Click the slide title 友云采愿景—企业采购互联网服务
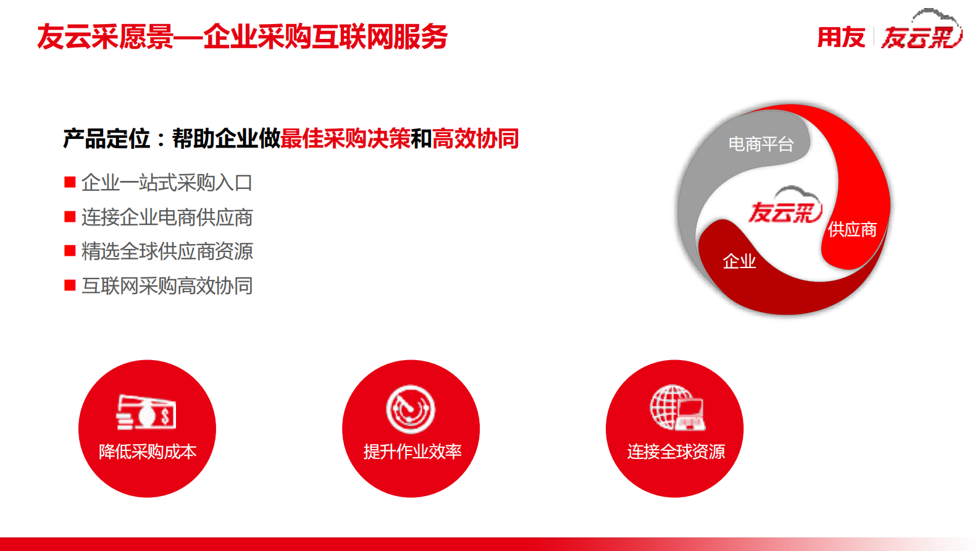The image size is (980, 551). pyautogui.click(x=242, y=37)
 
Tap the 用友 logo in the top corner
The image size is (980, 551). pyautogui.click(x=840, y=38)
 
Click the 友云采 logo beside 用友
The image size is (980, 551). pyautogui.click(x=921, y=34)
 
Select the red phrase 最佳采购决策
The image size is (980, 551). pyautogui.click(x=345, y=139)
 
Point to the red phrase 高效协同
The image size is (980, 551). pyautogui.click(x=475, y=139)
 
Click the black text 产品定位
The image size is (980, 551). pyautogui.click(x=106, y=139)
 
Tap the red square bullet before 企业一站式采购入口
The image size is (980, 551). pyautogui.click(x=70, y=182)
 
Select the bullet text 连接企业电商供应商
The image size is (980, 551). pyautogui.click(x=167, y=217)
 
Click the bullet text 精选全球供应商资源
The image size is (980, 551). pyautogui.click(x=167, y=251)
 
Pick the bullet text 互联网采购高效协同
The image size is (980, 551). pyautogui.click(x=167, y=286)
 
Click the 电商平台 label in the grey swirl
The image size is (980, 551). pyautogui.click(x=761, y=145)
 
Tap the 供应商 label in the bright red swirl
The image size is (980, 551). pyautogui.click(x=852, y=230)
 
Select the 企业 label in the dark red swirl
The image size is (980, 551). pyautogui.click(x=739, y=262)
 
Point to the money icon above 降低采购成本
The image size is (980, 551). pyautogui.click(x=146, y=412)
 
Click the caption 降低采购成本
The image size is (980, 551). pyautogui.click(x=148, y=452)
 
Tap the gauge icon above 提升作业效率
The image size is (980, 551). pyautogui.click(x=411, y=409)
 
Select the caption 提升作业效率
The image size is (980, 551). pyautogui.click(x=412, y=452)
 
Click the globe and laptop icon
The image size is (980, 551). pyautogui.click(x=677, y=408)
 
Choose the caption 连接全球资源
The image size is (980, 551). pyautogui.click(x=676, y=452)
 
